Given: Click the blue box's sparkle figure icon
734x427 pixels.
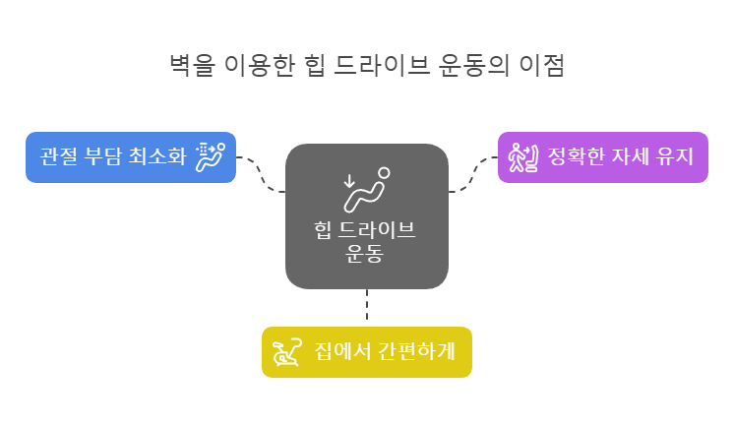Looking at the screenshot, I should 210,156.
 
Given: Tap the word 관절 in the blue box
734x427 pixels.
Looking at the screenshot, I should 57,157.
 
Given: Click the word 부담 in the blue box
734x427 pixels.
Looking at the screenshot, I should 104,157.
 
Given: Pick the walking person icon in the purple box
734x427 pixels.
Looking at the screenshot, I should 520,156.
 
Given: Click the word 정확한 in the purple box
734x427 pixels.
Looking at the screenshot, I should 570,157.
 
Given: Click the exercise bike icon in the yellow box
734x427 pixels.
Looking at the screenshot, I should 286,351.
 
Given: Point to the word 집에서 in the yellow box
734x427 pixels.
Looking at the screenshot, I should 338,352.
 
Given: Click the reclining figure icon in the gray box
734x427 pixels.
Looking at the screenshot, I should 366,189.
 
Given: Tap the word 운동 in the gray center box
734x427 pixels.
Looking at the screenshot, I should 366,254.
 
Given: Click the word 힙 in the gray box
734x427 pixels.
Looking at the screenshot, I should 321,231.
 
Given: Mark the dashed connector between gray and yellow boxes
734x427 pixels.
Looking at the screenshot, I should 366,307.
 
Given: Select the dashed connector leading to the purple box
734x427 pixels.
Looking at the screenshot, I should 474,171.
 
